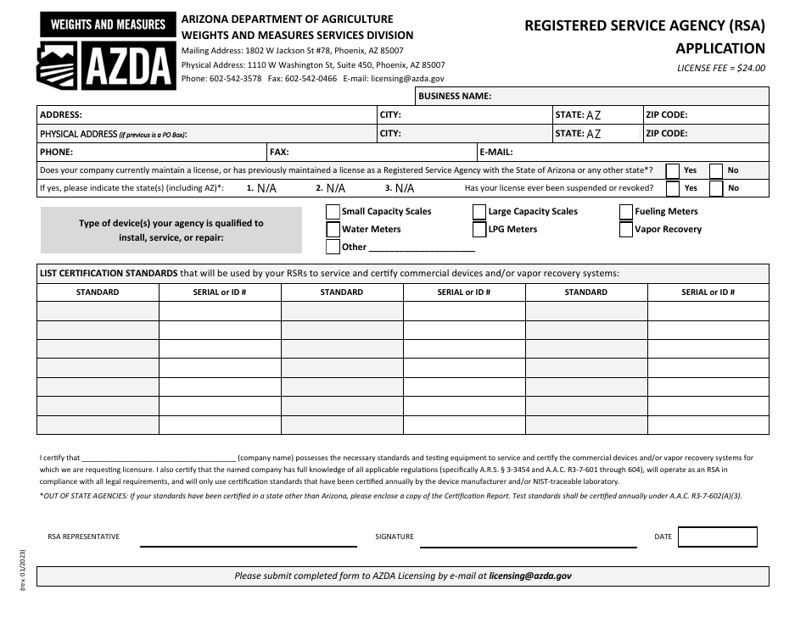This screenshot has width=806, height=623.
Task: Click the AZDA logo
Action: click(106, 51)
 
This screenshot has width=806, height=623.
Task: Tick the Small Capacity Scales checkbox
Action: click(333, 212)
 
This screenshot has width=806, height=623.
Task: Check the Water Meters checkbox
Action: click(333, 230)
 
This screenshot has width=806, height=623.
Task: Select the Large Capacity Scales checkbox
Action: click(479, 212)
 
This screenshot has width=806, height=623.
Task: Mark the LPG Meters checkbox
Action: click(479, 230)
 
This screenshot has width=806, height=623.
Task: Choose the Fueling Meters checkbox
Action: click(626, 212)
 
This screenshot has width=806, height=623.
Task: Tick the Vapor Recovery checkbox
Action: click(626, 230)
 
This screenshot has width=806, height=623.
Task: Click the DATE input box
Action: click(717, 537)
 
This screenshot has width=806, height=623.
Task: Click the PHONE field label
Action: click(56, 153)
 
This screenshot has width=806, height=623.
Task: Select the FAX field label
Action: click(279, 153)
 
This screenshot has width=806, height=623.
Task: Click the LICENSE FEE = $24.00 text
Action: click(720, 69)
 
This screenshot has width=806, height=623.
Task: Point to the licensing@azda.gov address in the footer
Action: click(530, 576)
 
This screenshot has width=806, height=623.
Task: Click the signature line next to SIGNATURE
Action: click(528, 540)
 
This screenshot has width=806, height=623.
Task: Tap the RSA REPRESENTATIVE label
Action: click(83, 537)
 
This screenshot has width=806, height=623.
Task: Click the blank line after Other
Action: click(422, 248)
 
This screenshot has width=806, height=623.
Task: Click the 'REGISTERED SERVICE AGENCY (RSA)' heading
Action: click(644, 25)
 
